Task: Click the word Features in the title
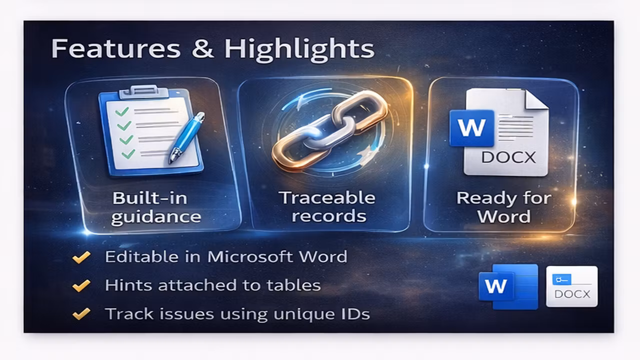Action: click(x=115, y=48)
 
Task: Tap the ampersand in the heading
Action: click(x=202, y=48)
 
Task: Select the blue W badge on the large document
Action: click(x=471, y=128)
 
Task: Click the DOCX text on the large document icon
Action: click(x=508, y=157)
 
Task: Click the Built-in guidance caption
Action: click(x=155, y=207)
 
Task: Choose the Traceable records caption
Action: click(x=327, y=206)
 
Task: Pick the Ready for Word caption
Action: click(x=504, y=207)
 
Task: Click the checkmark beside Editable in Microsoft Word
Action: click(x=81, y=257)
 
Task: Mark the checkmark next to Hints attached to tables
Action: click(x=81, y=285)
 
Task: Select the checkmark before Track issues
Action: click(x=81, y=314)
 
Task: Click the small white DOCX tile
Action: click(x=571, y=286)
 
